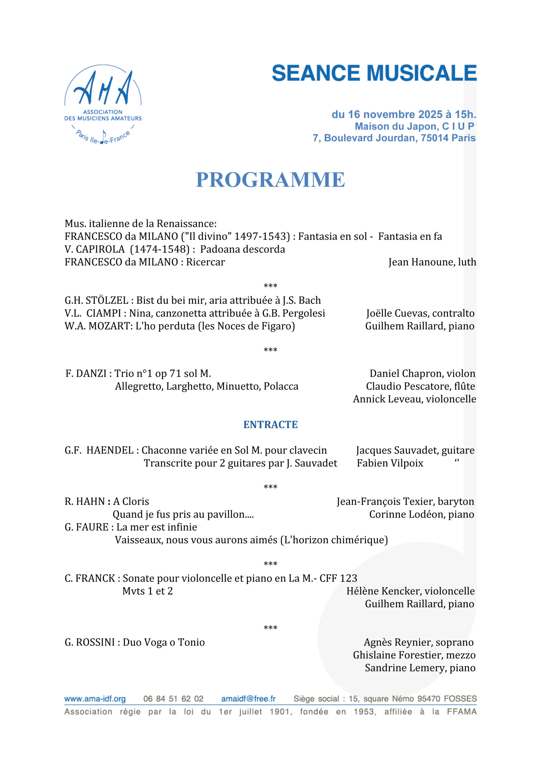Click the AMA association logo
[x=103, y=104]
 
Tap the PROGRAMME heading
[x=270, y=180]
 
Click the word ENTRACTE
[x=270, y=424]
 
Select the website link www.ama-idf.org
[x=95, y=699]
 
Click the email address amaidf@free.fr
[x=249, y=699]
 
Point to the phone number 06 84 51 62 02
[x=173, y=699]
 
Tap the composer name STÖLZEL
[x=107, y=301]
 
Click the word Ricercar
[x=205, y=262]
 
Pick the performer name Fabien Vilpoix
[x=390, y=463]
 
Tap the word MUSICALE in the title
[x=422, y=73]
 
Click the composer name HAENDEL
[x=110, y=450]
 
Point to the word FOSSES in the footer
[x=460, y=699]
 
